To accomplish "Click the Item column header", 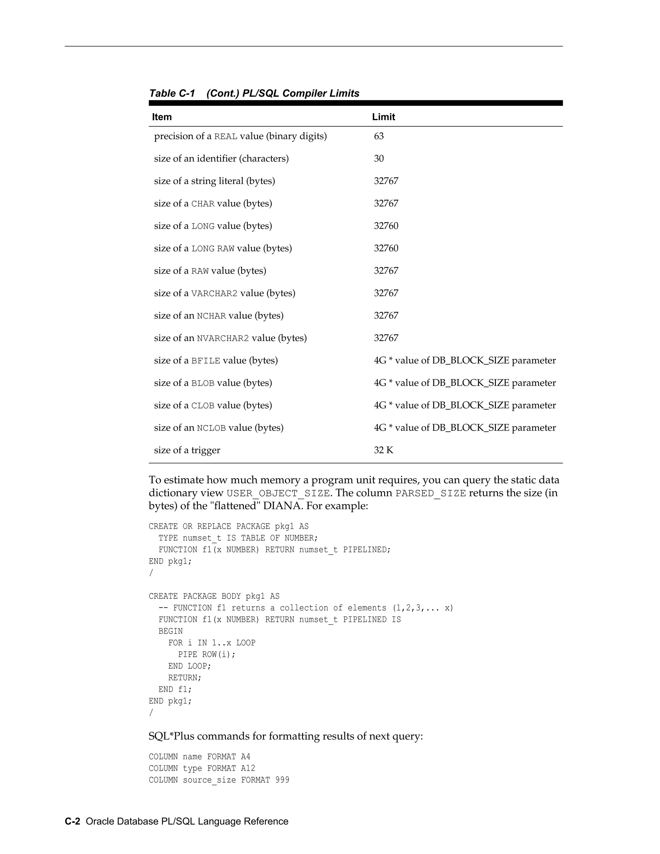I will coord(162,117).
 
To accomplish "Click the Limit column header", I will coord(383,117).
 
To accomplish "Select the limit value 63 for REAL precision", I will coord(378,136).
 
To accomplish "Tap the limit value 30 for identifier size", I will coord(378,158).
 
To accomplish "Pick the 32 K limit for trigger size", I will coord(383,450).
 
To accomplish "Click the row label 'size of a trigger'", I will coord(187,450).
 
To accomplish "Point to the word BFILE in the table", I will coord(205,361).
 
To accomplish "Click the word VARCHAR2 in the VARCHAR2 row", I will coord(214,293).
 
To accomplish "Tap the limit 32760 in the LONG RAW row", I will coord(386,248).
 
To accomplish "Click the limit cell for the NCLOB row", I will coord(464,428).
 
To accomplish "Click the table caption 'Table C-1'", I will coord(172,93).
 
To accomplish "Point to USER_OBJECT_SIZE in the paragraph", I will coord(277,493).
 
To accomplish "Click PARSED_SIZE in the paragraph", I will coord(431,493).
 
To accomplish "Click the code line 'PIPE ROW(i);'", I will coord(207,655).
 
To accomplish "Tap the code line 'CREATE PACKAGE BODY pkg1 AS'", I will coord(214,596).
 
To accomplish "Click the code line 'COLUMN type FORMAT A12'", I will coord(202,768).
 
